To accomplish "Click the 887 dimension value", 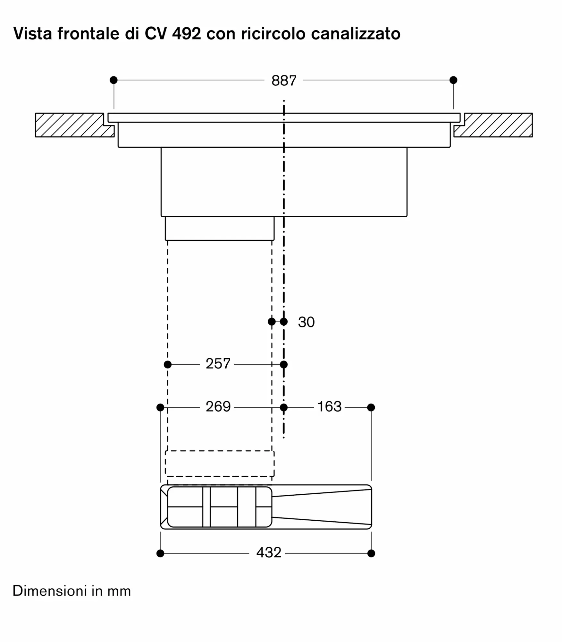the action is pos(284,81).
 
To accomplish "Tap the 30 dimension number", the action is pos(306,322).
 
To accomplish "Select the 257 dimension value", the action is pos(218,364).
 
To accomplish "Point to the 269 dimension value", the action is pos(218,407).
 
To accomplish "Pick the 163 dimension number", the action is pos(329,407).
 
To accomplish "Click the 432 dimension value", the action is pos(269,552).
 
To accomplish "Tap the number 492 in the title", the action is pos(187,33).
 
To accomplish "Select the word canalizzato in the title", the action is pos(356,33).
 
